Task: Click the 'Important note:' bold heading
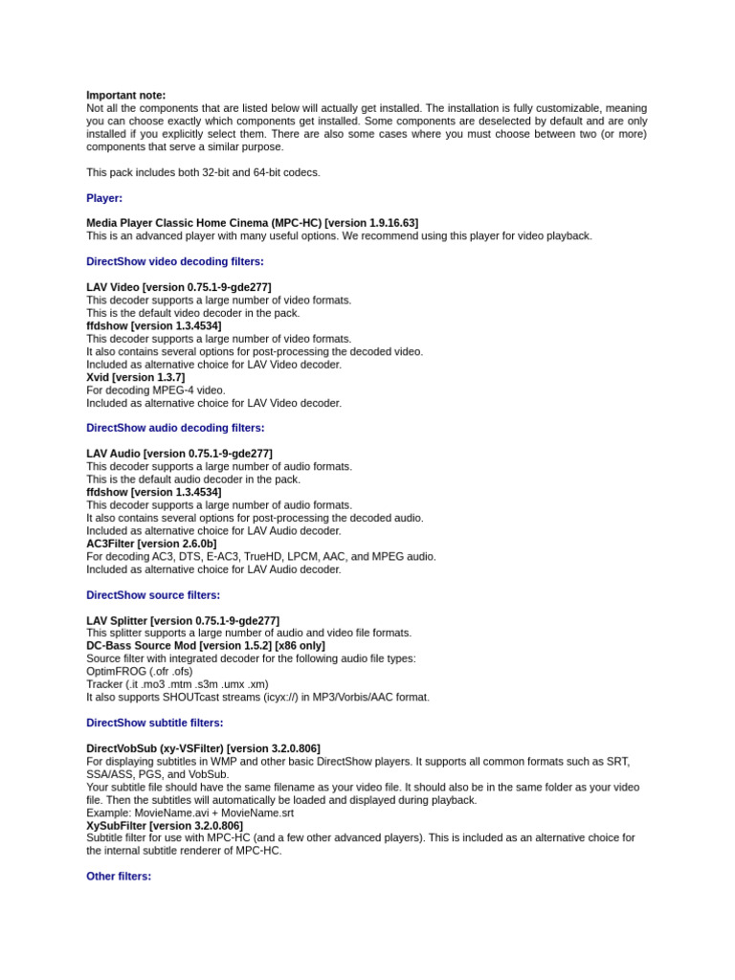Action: pyautogui.click(x=125, y=96)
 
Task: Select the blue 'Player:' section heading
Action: pyautogui.click(x=104, y=198)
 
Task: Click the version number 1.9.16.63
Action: pyautogui.click(x=384, y=223)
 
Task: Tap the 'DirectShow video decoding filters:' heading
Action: pyautogui.click(x=175, y=261)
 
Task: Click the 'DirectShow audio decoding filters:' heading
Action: pyautogui.click(x=175, y=428)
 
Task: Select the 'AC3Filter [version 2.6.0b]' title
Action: pyautogui.click(x=151, y=544)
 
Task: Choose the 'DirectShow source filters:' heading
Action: pyautogui.click(x=153, y=595)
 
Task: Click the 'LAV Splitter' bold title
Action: pyautogui.click(x=116, y=621)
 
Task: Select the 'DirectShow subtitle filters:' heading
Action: pyautogui.click(x=156, y=723)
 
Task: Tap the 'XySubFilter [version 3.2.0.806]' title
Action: pyautogui.click(x=165, y=825)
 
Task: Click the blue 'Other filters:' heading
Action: pyautogui.click(x=119, y=876)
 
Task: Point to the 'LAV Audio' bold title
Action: pyautogui.click(x=113, y=454)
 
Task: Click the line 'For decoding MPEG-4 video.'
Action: pyautogui.click(x=156, y=390)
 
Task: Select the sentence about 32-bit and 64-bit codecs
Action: pyautogui.click(x=203, y=172)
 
